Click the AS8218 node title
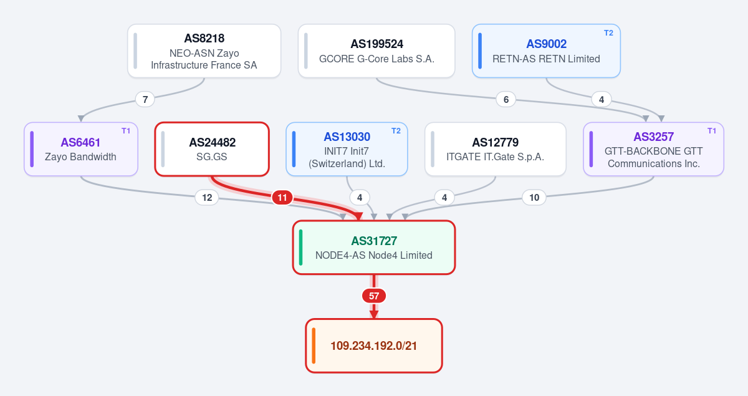pos(204,39)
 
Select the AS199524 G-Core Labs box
pos(376,51)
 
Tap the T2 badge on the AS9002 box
pos(608,33)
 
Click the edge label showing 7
pos(145,100)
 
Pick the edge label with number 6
pos(506,100)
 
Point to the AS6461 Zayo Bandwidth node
pos(81,149)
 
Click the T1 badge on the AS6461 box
pos(125,131)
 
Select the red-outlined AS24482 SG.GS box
pos(212,149)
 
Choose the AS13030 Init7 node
pos(347,149)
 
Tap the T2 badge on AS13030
pos(396,131)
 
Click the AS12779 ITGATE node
pos(495,149)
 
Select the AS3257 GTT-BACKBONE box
pos(653,149)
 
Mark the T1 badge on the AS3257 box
pos(712,131)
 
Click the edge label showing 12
pos(207,198)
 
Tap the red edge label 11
pos(282,198)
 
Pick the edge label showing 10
pos(534,198)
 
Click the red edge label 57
pos(374,296)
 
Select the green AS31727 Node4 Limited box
pos(374,248)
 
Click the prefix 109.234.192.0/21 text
pos(373,346)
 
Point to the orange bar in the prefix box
pos(314,345)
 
